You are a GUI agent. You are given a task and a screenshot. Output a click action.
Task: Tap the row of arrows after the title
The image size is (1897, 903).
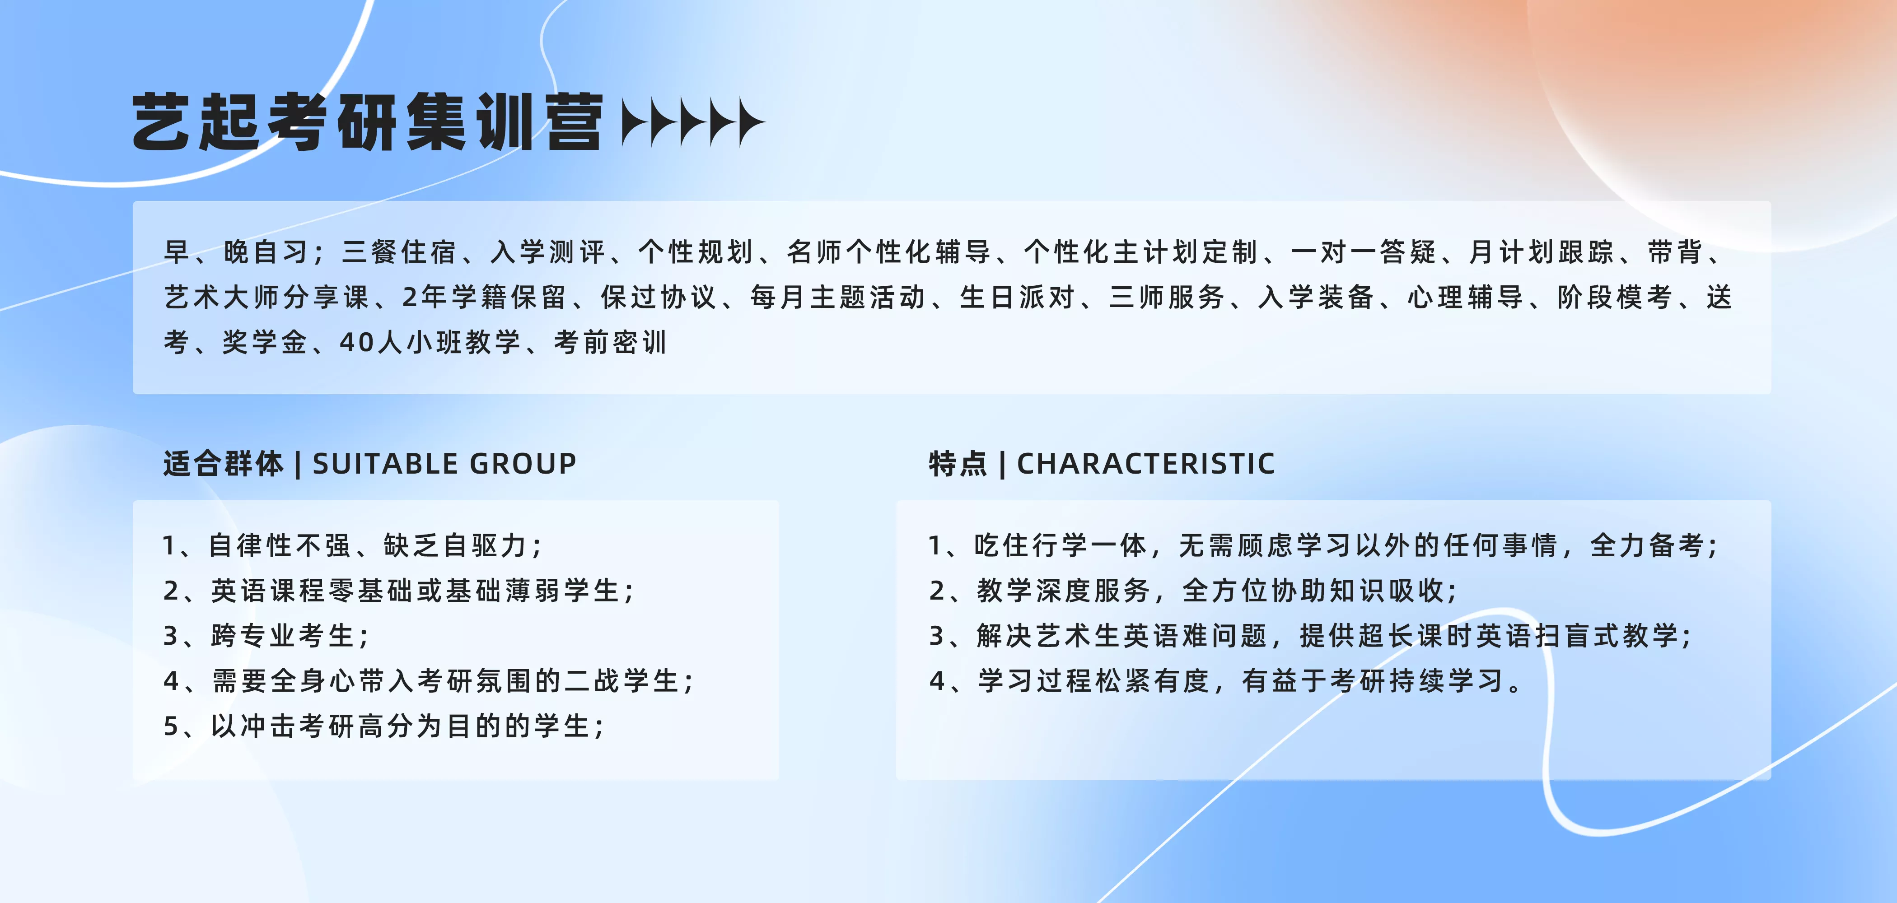[693, 122]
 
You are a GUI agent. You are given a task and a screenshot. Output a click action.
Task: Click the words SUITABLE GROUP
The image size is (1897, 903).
[444, 464]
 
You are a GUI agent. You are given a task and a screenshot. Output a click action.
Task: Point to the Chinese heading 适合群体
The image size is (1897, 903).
[223, 464]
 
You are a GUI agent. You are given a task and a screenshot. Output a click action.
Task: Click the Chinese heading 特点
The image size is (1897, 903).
[958, 464]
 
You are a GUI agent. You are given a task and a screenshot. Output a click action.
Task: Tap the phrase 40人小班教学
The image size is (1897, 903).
[430, 342]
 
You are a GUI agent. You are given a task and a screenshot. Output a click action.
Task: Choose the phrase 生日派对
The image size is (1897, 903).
[1017, 298]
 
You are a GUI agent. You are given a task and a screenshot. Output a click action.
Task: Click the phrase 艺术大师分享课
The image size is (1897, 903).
[266, 298]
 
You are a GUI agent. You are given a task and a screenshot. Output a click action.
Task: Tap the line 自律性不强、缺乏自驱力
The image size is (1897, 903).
[354, 545]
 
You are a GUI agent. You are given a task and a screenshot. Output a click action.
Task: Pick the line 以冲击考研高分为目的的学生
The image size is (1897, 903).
[384, 726]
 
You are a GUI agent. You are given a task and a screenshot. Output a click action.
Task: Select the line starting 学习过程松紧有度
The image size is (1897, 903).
[1227, 681]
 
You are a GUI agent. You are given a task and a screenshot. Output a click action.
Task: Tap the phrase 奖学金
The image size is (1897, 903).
[264, 342]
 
